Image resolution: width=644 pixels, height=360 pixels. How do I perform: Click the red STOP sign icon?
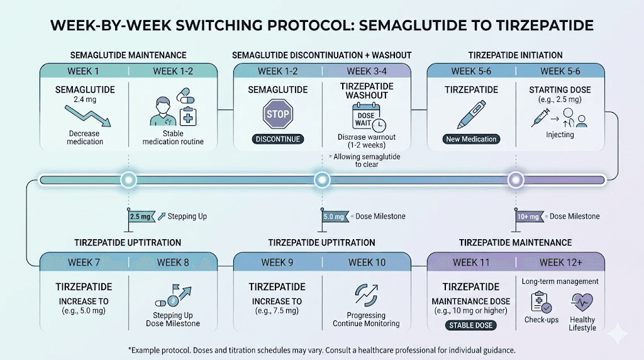(277, 114)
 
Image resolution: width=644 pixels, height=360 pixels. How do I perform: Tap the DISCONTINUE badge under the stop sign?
(277, 138)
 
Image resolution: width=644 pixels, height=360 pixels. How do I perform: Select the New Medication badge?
(471, 138)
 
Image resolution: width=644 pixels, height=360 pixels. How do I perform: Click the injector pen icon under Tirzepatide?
(471, 113)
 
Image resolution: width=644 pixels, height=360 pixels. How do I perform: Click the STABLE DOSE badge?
(471, 325)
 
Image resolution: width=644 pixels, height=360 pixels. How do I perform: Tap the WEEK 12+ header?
(560, 262)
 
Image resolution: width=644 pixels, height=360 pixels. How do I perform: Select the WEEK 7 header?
(84, 262)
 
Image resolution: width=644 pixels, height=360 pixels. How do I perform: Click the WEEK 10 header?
(367, 262)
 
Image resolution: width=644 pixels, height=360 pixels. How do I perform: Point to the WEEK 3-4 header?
(367, 71)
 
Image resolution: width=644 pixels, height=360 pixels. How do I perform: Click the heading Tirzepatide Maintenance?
(515, 242)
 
